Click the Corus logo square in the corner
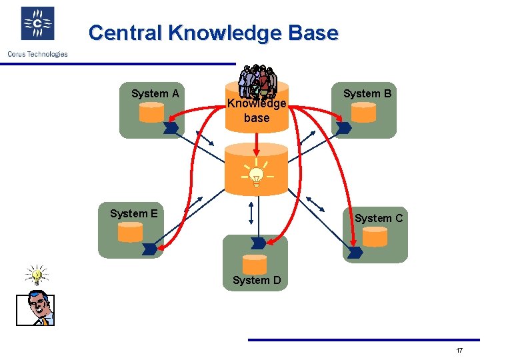tap(37, 24)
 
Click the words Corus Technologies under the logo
tap(37, 54)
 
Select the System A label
tap(155, 93)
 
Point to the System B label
tap(367, 93)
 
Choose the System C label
tap(378, 218)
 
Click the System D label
tap(256, 280)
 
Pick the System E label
tap(133, 213)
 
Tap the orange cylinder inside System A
tap(151, 113)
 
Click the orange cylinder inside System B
tap(363, 113)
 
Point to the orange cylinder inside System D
tap(254, 263)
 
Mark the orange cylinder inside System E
tap(130, 232)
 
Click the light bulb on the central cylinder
tap(256, 175)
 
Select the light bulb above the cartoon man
tap(37, 274)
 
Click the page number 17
tap(459, 351)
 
